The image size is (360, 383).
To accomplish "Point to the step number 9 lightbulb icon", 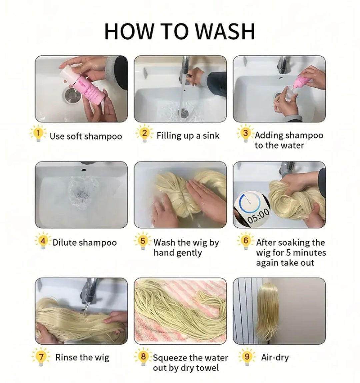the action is (x=247, y=357).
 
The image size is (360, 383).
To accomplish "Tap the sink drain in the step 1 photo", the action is (x=72, y=96).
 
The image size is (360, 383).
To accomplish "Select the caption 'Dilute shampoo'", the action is (x=85, y=242).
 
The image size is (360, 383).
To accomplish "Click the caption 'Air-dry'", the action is (x=275, y=358).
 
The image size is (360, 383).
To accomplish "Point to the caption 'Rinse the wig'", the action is (x=82, y=357).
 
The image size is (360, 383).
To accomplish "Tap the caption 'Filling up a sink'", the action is (x=188, y=136).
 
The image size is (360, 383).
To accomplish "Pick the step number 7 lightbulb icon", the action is (x=41, y=357).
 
